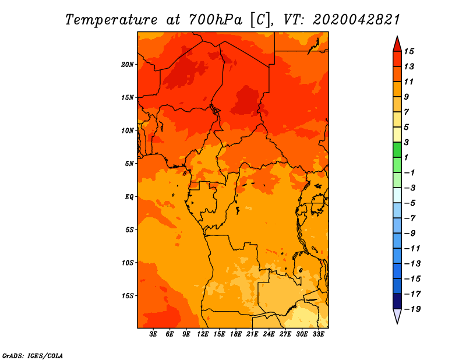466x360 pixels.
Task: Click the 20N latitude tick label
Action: (x=128, y=64)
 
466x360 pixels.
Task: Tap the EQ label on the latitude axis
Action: (x=129, y=196)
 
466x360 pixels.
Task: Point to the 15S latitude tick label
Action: (x=128, y=295)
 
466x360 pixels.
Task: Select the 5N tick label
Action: (x=129, y=163)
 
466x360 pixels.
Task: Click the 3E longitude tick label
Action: (x=154, y=334)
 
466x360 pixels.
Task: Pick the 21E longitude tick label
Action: (x=252, y=334)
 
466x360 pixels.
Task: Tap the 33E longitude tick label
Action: (x=318, y=334)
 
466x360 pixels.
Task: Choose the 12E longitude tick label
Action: (x=203, y=334)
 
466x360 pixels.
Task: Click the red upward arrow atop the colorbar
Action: (x=397, y=43)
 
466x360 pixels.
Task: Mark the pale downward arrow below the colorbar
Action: (x=397, y=316)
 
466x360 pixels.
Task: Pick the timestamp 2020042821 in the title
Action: (x=356, y=19)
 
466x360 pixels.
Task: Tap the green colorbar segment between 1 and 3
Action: (x=397, y=150)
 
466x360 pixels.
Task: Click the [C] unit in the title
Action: (x=261, y=19)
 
